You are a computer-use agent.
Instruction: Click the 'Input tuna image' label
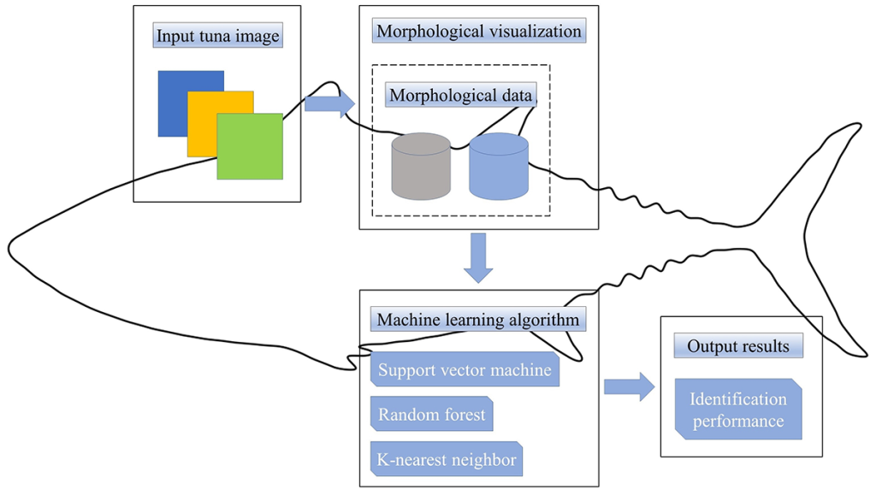218,37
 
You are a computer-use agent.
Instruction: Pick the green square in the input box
250,146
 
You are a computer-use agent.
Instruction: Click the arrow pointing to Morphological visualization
329,104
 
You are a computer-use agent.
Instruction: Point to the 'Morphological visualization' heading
479,32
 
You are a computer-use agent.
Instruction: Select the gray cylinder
421,166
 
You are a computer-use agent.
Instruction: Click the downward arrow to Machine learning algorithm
478,257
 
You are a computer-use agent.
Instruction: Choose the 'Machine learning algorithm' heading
478,320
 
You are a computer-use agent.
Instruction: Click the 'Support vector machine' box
465,371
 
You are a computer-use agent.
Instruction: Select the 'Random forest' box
432,415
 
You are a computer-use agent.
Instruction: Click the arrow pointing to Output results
629,386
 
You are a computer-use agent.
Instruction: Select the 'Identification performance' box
738,410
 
